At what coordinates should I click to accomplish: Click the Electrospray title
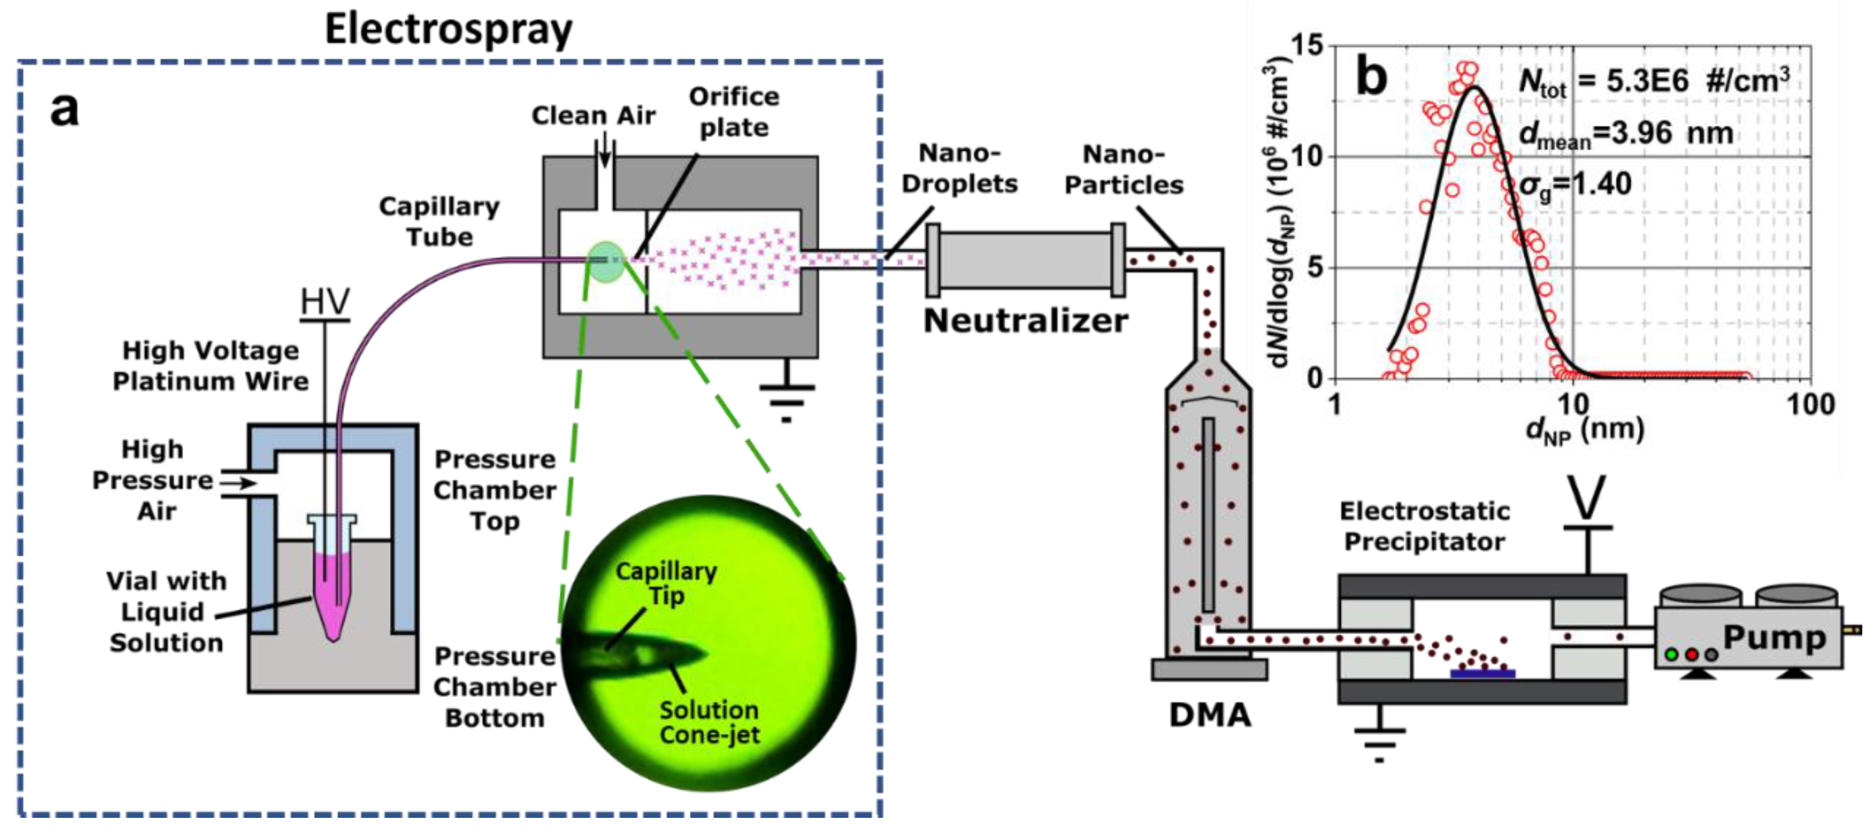448,31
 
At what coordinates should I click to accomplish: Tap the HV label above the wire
325,301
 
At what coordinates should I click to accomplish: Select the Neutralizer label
1025,320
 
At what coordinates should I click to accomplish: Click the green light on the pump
1671,654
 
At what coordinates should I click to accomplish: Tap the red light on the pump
1692,654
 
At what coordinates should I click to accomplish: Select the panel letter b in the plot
1371,77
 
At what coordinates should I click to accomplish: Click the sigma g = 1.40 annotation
1575,184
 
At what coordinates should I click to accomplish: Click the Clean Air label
593,116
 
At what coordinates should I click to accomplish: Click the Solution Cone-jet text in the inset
709,722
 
